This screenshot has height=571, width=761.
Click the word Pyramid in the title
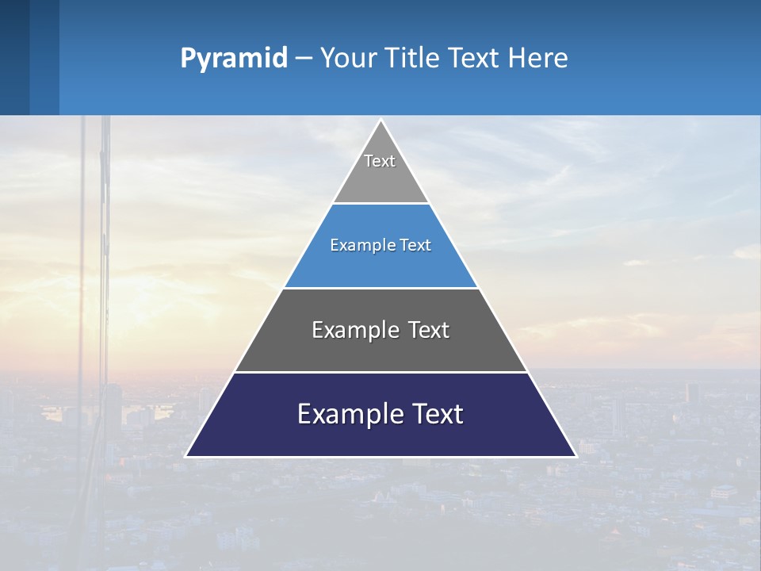click(234, 59)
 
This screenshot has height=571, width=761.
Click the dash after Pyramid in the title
click(304, 59)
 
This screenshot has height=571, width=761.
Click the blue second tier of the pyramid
click(380, 266)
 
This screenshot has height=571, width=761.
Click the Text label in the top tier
click(380, 161)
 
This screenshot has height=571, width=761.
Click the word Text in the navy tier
click(434, 414)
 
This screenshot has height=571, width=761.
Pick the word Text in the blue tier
click(415, 245)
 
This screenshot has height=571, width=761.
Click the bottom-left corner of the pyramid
click(186, 456)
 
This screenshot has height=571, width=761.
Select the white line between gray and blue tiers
click(380, 203)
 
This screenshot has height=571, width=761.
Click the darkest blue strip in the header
click(14, 57)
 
